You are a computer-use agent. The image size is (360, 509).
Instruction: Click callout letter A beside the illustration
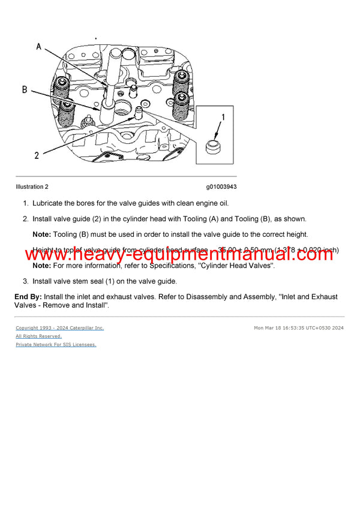(x=39, y=46)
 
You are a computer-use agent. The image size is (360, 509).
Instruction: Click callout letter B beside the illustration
(x=25, y=90)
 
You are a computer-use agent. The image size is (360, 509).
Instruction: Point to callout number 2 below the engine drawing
(x=37, y=155)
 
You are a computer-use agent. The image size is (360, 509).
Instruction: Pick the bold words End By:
(x=28, y=297)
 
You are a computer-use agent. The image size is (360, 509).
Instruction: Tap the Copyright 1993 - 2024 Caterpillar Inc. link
(x=59, y=328)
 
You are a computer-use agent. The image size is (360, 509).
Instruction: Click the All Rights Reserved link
(x=38, y=336)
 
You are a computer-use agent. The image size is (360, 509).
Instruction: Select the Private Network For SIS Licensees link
(x=56, y=345)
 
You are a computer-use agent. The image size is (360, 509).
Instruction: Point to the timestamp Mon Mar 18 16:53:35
(x=282, y=328)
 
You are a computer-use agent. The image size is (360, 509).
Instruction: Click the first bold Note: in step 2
(x=41, y=234)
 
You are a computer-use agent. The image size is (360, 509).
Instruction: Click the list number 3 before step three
(x=25, y=281)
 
